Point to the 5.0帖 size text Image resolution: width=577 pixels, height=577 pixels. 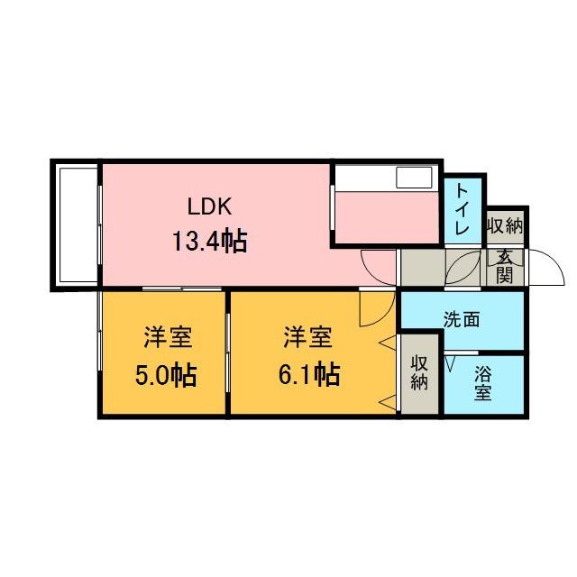(x=166, y=373)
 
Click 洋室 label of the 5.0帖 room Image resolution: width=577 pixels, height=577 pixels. (x=167, y=339)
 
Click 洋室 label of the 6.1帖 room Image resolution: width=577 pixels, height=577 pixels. (x=308, y=339)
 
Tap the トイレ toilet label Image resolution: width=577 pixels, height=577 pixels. (x=462, y=209)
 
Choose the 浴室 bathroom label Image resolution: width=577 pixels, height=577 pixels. (x=482, y=383)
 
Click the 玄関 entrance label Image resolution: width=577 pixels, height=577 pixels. (x=504, y=265)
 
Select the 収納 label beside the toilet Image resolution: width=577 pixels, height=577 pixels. (x=506, y=225)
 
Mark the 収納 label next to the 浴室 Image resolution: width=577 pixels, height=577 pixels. (x=419, y=373)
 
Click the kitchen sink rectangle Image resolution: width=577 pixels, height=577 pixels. (x=415, y=178)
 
